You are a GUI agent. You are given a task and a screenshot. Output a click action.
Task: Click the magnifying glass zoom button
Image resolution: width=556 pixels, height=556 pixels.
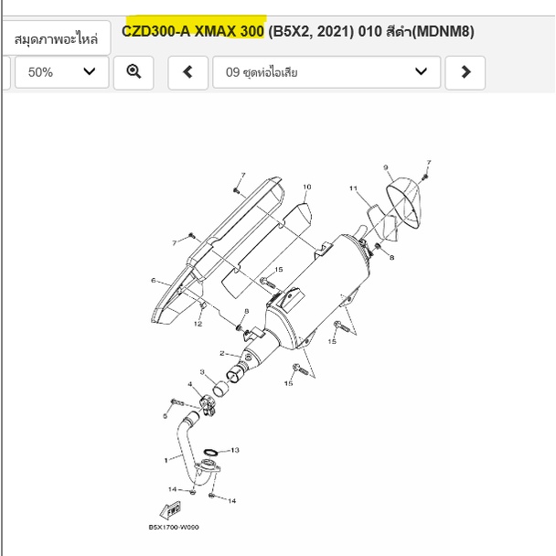pyautogui.click(x=134, y=72)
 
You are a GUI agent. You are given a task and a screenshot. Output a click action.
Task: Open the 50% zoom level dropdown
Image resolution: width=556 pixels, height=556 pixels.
pyautogui.click(x=61, y=72)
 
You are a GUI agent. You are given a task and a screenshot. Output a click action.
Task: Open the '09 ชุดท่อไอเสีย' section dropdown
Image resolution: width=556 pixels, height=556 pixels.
pyautogui.click(x=326, y=72)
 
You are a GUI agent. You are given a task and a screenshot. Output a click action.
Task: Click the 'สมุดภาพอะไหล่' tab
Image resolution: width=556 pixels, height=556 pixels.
pyautogui.click(x=56, y=38)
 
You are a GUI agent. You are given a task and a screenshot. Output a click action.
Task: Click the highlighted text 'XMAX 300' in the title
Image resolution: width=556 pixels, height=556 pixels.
pyautogui.click(x=230, y=31)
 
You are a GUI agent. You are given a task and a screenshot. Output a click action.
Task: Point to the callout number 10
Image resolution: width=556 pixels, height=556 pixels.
pyautogui.click(x=307, y=187)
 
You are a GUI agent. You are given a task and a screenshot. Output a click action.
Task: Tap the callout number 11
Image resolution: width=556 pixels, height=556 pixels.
pyautogui.click(x=353, y=188)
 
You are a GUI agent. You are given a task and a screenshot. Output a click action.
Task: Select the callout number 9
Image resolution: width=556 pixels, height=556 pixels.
pyautogui.click(x=386, y=167)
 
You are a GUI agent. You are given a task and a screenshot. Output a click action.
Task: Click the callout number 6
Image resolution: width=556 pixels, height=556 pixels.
pyautogui.click(x=154, y=281)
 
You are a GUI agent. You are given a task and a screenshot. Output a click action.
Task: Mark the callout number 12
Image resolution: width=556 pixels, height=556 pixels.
pyautogui.click(x=198, y=324)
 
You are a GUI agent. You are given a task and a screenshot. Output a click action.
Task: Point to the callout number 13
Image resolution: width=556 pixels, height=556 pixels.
pyautogui.click(x=235, y=450)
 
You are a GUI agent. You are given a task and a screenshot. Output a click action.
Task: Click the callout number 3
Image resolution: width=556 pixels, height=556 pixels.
pyautogui.click(x=202, y=372)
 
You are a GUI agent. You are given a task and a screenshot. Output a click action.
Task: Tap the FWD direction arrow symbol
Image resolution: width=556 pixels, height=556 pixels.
pyautogui.click(x=171, y=510)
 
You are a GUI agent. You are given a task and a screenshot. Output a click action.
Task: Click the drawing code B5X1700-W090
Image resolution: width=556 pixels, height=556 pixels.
pyautogui.click(x=174, y=528)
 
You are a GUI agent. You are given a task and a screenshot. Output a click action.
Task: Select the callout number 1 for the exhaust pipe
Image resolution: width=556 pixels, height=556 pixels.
pyautogui.click(x=166, y=460)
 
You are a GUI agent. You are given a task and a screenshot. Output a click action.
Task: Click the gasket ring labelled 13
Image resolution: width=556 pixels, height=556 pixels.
pyautogui.click(x=210, y=452)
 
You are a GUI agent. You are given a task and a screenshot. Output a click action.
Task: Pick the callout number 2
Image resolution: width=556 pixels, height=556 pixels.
pyautogui.click(x=222, y=353)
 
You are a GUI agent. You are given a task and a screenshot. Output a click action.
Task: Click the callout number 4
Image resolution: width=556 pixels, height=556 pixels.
pyautogui.click(x=190, y=384)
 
